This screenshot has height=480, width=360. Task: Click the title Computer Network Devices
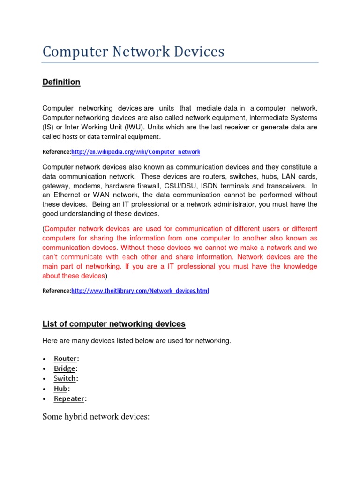pyautogui.click(x=133, y=52)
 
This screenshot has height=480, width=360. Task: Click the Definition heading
pyautogui.click(x=61, y=82)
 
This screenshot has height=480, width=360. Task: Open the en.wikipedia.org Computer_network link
pyautogui.click(x=136, y=152)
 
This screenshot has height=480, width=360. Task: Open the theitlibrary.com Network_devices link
pyautogui.click(x=140, y=291)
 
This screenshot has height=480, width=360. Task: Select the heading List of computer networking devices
pyautogui.click(x=114, y=324)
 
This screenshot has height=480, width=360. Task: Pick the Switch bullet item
pyautogui.click(x=66, y=378)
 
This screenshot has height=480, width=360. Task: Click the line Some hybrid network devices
pyautogui.click(x=96, y=416)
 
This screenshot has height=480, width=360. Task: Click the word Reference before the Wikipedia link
pyautogui.click(x=56, y=152)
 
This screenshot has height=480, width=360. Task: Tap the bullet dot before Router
pyautogui.click(x=44, y=359)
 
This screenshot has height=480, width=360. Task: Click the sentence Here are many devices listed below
pyautogui.click(x=136, y=341)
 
